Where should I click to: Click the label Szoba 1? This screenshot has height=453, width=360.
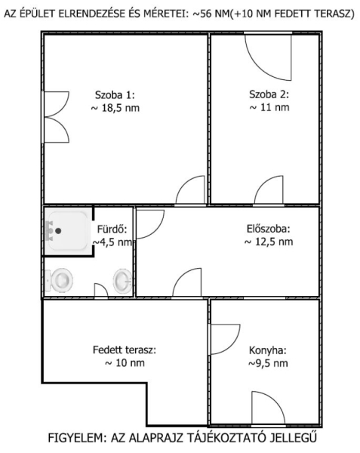click(115, 95)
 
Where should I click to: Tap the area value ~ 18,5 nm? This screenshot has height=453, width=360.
click(115, 108)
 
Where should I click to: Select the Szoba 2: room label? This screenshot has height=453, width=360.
click(269, 94)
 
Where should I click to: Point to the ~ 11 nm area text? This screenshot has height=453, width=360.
click(269, 107)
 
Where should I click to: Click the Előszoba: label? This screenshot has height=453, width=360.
click(268, 229)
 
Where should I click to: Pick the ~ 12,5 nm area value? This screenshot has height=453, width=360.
click(269, 242)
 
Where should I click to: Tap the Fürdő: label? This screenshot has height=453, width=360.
click(112, 229)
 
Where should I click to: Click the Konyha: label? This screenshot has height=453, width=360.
click(268, 350)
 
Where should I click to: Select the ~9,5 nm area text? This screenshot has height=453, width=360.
click(268, 363)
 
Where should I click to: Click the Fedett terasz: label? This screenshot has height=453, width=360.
click(125, 350)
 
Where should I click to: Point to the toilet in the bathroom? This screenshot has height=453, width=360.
click(59, 279)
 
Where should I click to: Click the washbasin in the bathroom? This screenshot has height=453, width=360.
click(123, 281)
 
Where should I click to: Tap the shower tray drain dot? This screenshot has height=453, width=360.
click(58, 231)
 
